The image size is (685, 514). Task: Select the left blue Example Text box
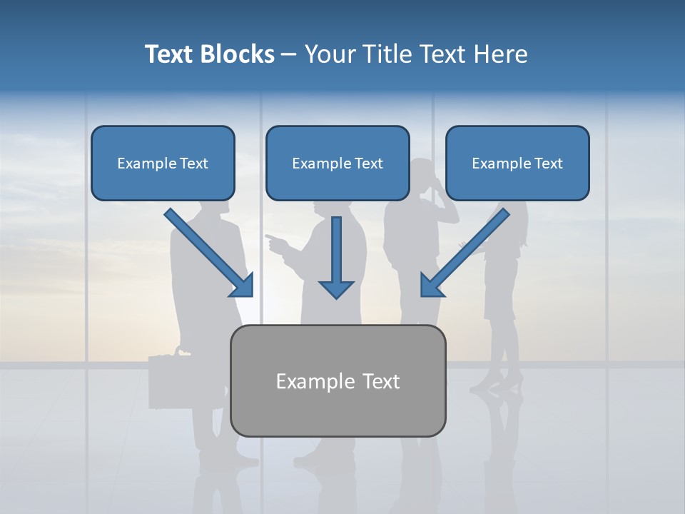(x=163, y=163)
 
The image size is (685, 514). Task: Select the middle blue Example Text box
(x=338, y=163)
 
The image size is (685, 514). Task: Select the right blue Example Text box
(x=517, y=163)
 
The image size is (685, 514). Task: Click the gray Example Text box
(x=338, y=381)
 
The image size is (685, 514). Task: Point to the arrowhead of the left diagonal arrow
(x=243, y=286)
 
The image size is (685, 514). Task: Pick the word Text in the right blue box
(x=548, y=163)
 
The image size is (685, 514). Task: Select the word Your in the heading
(x=330, y=54)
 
